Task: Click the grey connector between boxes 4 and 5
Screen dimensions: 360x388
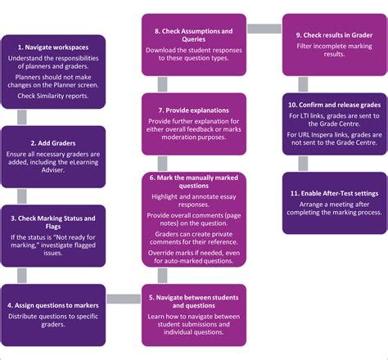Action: [x=123, y=299]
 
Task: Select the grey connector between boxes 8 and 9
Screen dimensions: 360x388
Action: [x=264, y=29]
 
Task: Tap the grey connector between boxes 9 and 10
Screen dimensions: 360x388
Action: [x=303, y=83]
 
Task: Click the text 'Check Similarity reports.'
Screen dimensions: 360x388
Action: [x=53, y=96]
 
